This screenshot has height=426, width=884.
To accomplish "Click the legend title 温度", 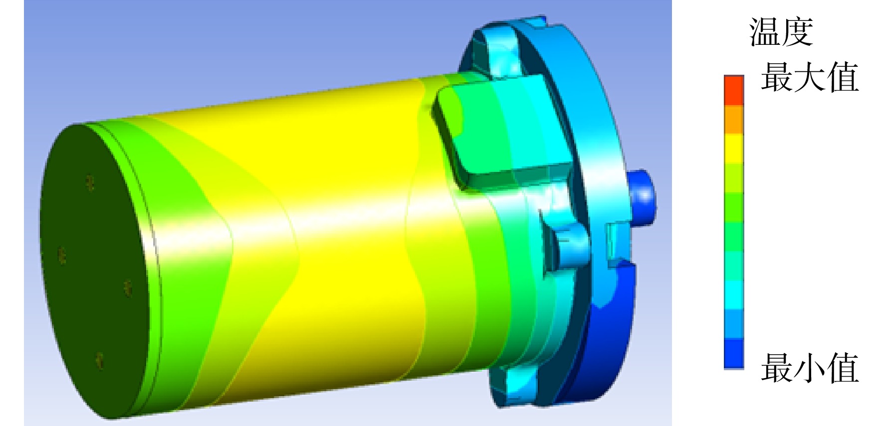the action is [x=781, y=32].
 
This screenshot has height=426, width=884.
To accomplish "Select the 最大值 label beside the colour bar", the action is [x=810, y=77].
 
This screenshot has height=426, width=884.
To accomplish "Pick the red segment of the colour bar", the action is [x=734, y=90].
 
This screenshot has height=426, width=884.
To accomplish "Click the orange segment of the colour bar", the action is [x=734, y=120].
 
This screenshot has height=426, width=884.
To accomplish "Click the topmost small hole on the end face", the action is [x=90, y=182].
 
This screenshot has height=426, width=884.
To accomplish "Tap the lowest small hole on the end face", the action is [x=100, y=361].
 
